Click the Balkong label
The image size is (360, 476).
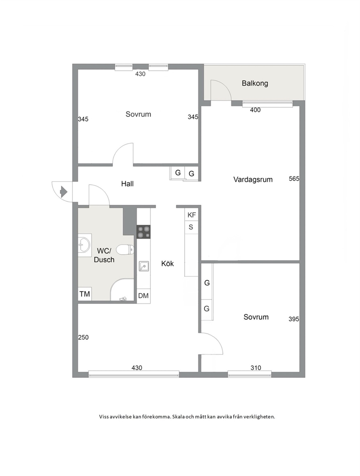pos(255,83)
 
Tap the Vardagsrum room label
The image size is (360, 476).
pos(253,179)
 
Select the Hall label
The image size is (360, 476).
pos(127,184)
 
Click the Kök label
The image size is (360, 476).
pos(167,264)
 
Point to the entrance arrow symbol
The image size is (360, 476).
pos(64,192)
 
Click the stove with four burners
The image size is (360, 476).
pos(143,232)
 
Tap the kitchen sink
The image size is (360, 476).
pos(144,266)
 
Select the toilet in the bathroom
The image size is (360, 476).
pos(125,249)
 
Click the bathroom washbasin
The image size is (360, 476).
pos(84,245)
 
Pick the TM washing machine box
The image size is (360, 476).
pos(85,294)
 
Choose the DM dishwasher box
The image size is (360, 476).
pos(143,295)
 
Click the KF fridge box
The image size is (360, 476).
pos(191,215)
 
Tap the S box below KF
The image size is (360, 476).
pos(191,227)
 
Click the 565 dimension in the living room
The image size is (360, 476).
pos(294,179)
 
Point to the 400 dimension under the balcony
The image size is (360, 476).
pos(255,110)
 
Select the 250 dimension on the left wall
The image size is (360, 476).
pos(83,338)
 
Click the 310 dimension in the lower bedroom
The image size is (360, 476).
pos(256,368)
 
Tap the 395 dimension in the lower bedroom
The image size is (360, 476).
pos(294,319)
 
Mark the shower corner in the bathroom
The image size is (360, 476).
pos(122,290)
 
